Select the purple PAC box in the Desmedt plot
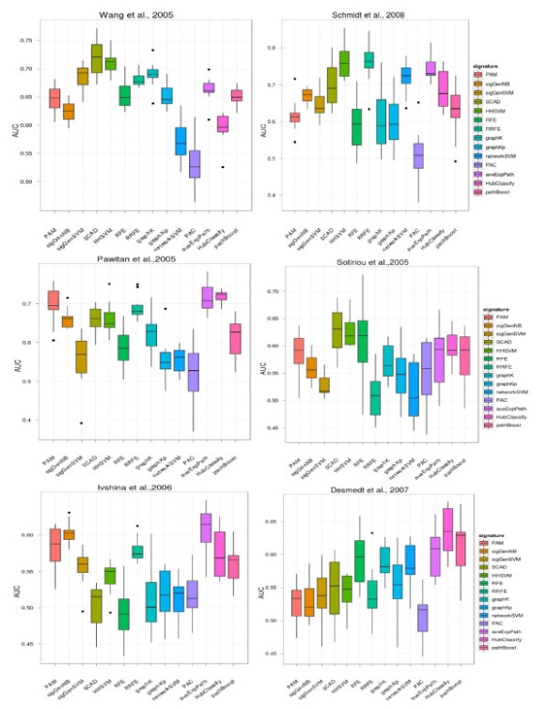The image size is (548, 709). click(x=420, y=620)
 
